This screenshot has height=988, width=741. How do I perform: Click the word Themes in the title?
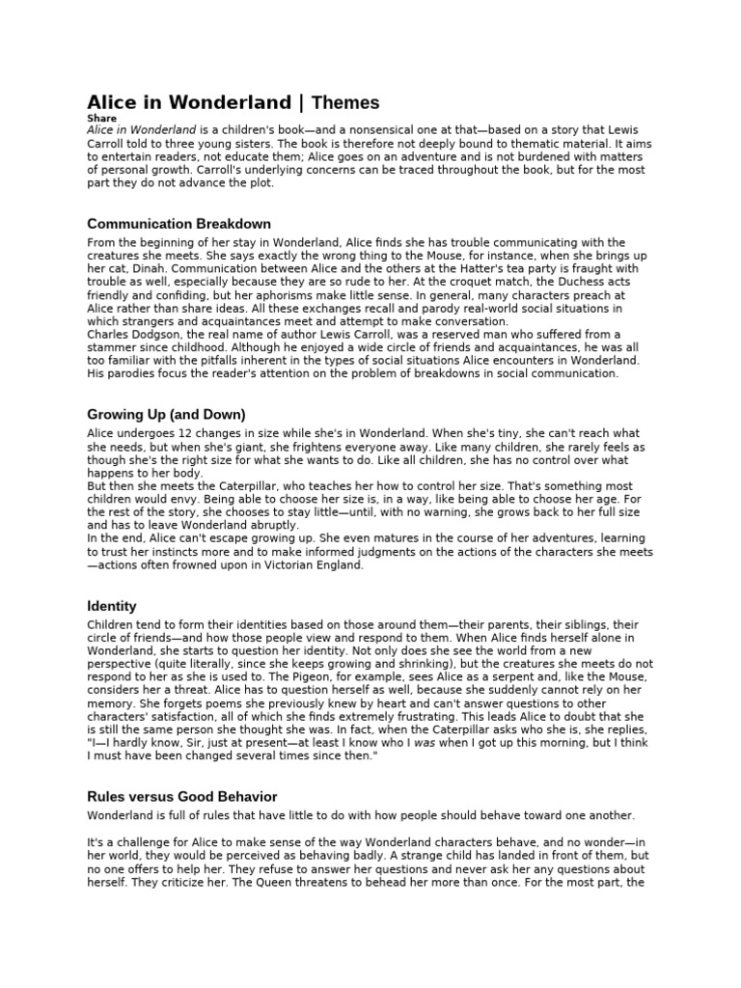pos(345,102)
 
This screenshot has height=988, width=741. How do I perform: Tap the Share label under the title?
pos(101,119)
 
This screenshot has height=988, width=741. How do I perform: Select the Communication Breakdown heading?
pos(178,224)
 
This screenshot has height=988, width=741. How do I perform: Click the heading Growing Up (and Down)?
pos(166,415)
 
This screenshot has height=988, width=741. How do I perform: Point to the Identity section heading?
pos(111,606)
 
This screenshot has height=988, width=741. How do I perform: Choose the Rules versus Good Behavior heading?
pos(181,797)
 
